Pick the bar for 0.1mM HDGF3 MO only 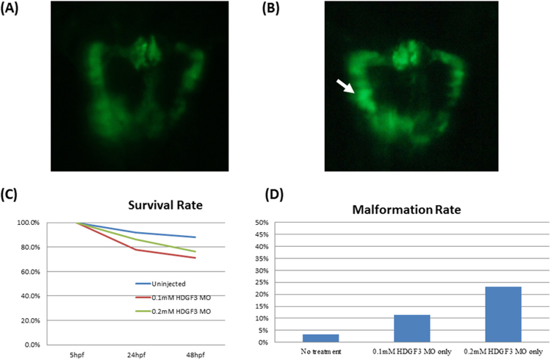[411, 328]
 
